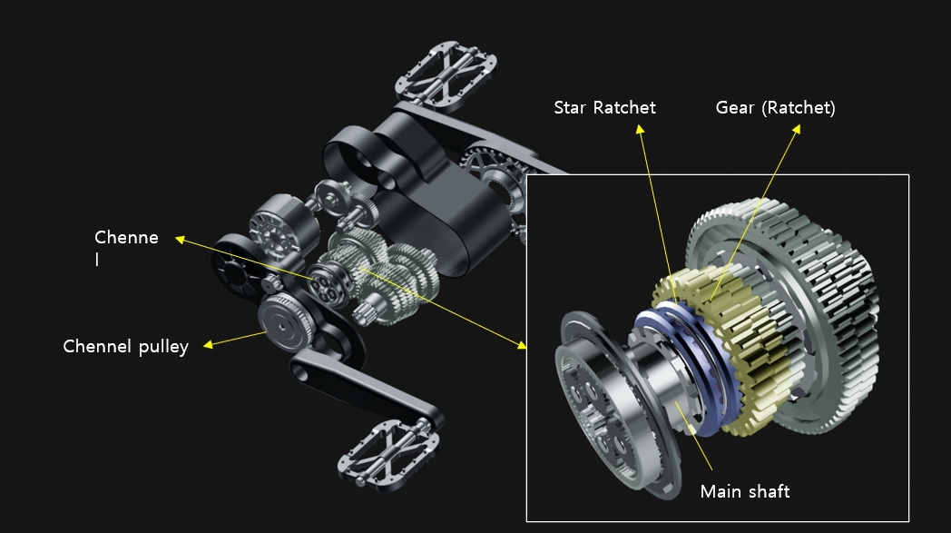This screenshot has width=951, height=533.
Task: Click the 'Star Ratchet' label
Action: (x=604, y=108)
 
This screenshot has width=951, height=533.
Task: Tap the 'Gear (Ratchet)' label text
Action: (x=775, y=108)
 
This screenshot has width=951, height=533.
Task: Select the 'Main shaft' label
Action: (x=745, y=491)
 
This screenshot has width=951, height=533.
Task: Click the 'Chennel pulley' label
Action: (x=125, y=347)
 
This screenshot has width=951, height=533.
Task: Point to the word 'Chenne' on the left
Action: (x=126, y=237)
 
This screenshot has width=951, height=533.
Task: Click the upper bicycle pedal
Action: (x=446, y=71)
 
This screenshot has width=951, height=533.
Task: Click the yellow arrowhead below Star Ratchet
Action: (x=639, y=129)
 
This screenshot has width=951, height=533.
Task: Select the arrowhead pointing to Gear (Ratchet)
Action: (x=797, y=129)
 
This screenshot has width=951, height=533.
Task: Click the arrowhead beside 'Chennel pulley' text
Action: (x=208, y=344)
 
